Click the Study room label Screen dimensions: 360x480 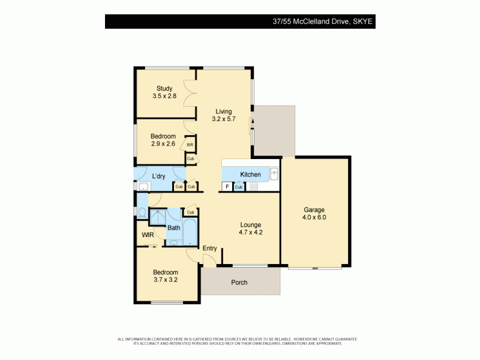point(164,89)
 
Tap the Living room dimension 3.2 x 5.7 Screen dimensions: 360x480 point(224,119)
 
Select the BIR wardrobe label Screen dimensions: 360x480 point(190,145)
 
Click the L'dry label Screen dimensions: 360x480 point(158,176)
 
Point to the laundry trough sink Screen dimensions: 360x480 point(143,187)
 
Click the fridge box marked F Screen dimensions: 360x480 point(227,187)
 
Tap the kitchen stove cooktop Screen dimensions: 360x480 point(254,187)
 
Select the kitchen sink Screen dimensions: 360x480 point(274,174)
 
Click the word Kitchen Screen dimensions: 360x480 point(250,175)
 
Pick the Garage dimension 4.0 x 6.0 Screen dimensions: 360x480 point(314,217)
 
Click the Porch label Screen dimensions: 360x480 point(239,283)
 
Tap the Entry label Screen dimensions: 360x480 point(209,248)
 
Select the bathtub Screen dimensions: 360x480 point(190,233)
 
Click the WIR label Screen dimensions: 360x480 point(148,235)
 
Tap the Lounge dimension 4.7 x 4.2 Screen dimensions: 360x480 point(251,233)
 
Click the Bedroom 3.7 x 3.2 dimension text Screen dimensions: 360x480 point(165,280)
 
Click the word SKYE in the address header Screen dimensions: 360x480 point(363,22)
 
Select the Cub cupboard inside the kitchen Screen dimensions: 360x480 point(238,187)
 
